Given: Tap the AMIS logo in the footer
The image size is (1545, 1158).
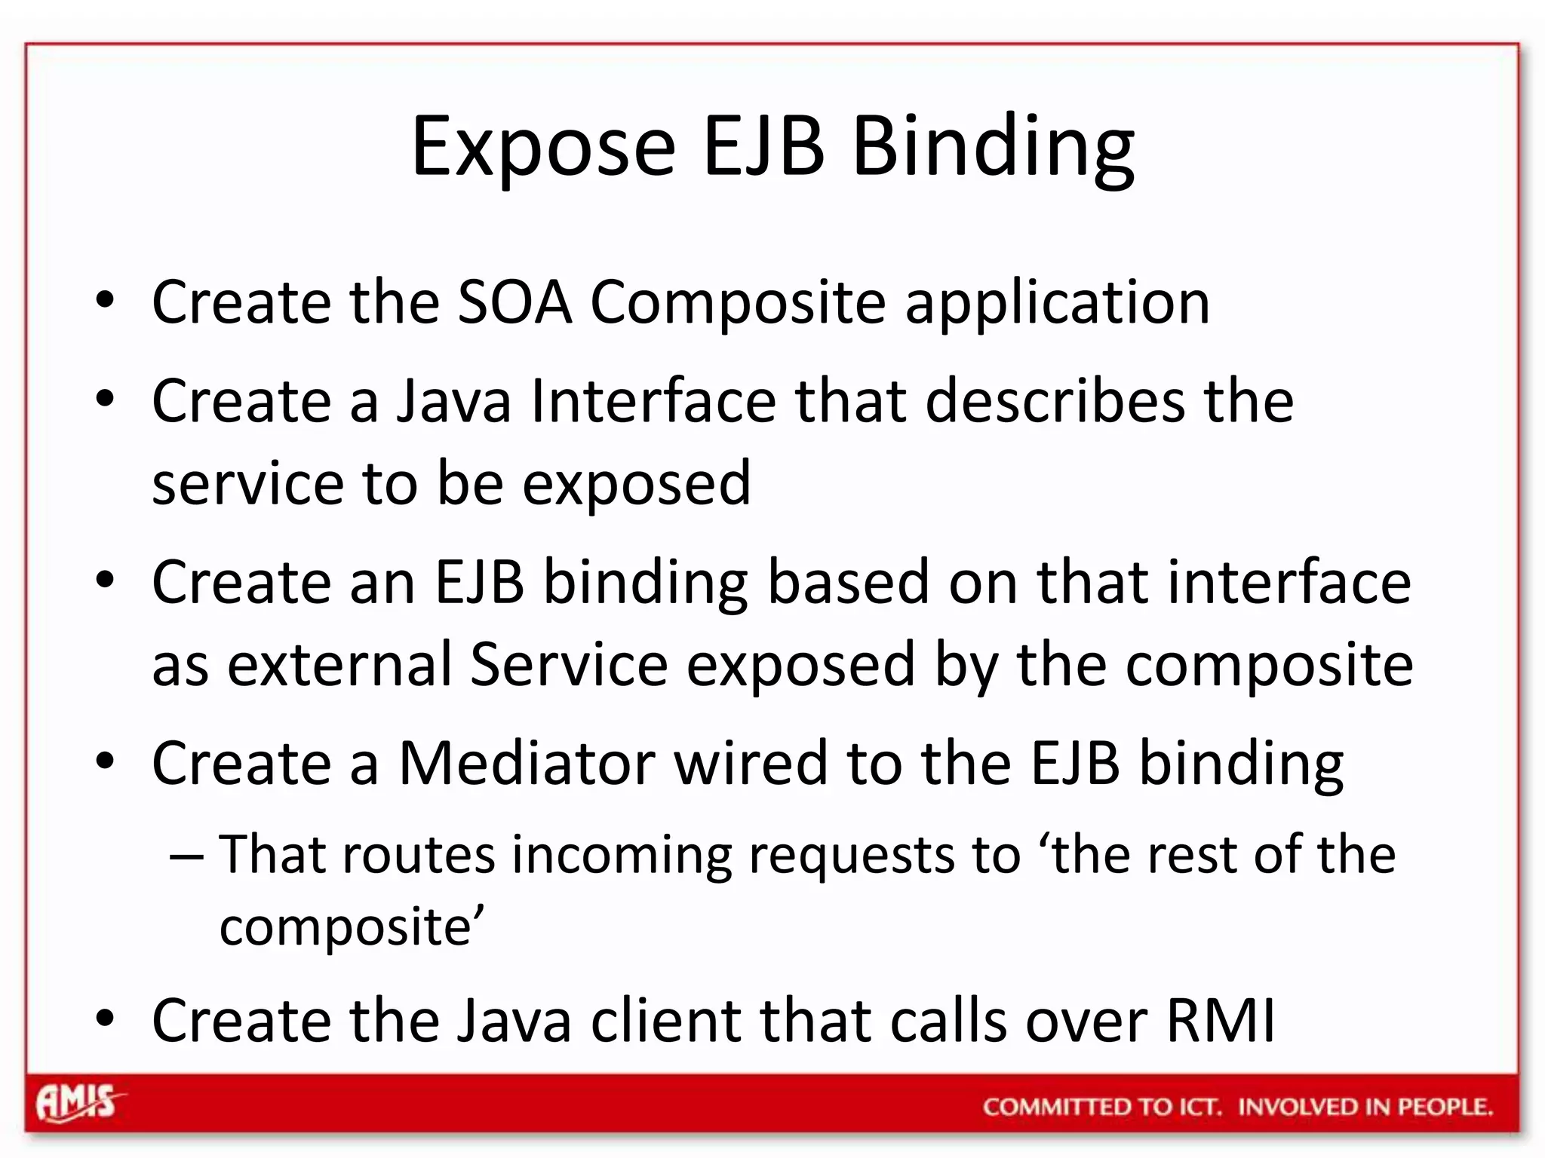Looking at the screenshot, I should pyautogui.click(x=78, y=1104).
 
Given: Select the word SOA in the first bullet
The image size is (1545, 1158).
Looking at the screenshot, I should pyautogui.click(x=514, y=302).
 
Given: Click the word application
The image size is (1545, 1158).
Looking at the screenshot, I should pyautogui.click(x=1058, y=304).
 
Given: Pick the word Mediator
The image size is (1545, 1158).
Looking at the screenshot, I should pyautogui.click(x=527, y=764).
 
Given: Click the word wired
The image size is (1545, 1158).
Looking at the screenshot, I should pyautogui.click(x=751, y=764).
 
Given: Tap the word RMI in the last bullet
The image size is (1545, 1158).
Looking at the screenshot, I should pyautogui.click(x=1221, y=1021).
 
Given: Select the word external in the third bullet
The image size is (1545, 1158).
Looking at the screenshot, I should pyautogui.click(x=339, y=665).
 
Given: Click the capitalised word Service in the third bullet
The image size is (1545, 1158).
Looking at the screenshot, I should pyautogui.click(x=569, y=665).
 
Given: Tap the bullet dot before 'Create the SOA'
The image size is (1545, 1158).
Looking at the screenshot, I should pyautogui.click(x=105, y=302).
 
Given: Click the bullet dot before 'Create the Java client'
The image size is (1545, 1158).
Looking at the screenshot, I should pyautogui.click(x=105, y=1019).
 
